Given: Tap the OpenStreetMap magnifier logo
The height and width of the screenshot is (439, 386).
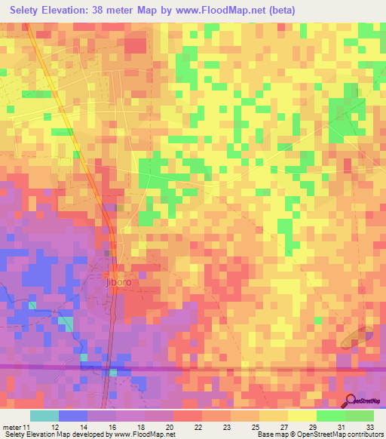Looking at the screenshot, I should click(351, 403).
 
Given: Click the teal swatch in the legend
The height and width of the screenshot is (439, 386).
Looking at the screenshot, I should click(44, 416).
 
